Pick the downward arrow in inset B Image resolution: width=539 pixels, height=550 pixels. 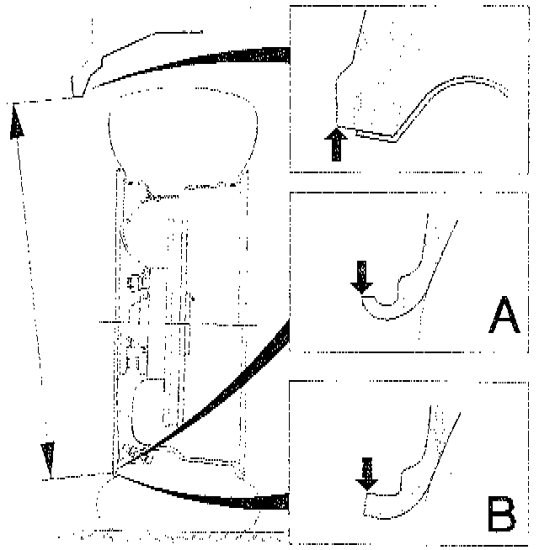pyautogui.click(x=367, y=473)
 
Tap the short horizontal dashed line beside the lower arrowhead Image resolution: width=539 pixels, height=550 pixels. pyautogui.click(x=76, y=477)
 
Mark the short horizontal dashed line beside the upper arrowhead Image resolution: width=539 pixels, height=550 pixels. pyautogui.click(x=42, y=100)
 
